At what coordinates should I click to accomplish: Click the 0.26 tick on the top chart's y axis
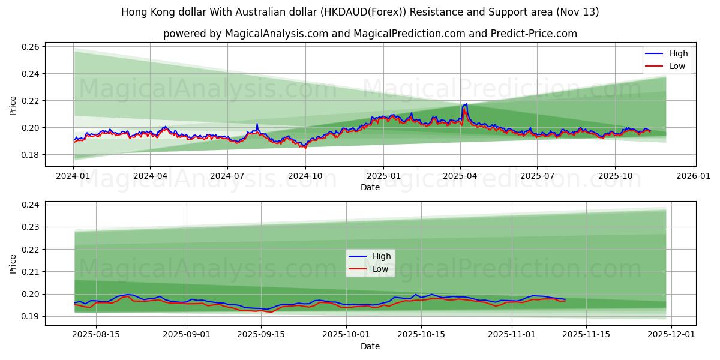tap(31, 47)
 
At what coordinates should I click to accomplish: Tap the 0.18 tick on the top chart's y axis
tap(31, 155)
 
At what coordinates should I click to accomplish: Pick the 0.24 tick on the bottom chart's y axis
tap(31, 205)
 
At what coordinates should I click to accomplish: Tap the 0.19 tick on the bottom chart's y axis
tap(31, 316)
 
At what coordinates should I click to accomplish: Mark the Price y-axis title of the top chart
tap(13, 105)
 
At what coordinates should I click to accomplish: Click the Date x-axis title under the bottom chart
tap(370, 346)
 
